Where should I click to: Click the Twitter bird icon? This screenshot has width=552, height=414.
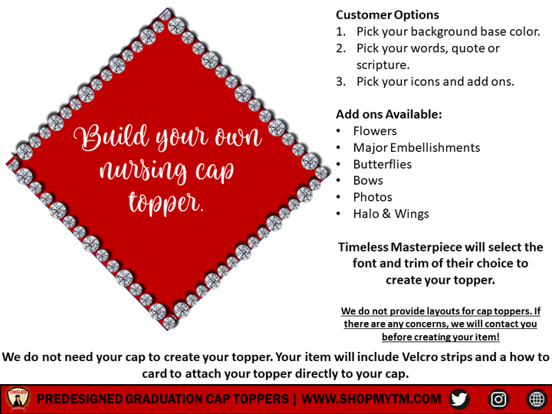459,399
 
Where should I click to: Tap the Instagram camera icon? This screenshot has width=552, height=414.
498,399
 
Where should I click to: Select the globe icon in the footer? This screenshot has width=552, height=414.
537,399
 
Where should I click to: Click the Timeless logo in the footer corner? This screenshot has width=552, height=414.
17,399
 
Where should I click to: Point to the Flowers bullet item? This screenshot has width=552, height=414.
375,131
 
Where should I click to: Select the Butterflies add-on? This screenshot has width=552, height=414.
382,164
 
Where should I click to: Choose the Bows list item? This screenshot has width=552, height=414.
368,181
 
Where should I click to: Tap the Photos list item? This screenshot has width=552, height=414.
373,197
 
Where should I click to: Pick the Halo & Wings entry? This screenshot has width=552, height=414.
391,214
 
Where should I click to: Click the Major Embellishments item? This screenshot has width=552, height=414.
416,147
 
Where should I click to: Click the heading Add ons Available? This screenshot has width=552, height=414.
389,114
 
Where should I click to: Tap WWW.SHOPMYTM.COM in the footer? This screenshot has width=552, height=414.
371,399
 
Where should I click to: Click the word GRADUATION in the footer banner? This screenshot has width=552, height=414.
169,399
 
